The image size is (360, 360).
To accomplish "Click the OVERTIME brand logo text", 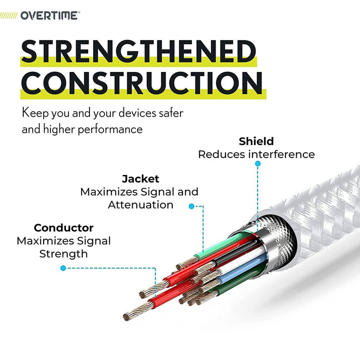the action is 50,16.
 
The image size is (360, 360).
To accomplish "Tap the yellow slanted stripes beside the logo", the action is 9,16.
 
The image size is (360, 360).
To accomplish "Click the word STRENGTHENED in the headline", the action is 139,51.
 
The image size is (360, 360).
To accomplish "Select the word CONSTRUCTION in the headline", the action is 142,83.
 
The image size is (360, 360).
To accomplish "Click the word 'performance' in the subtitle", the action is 110,130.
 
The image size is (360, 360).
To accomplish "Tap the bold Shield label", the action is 256,141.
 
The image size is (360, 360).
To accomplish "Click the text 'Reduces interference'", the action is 256,154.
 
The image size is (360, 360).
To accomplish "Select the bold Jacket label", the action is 140,179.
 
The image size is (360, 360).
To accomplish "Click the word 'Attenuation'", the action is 140,205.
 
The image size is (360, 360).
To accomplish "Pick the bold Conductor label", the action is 63,228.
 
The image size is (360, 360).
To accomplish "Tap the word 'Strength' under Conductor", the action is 63,254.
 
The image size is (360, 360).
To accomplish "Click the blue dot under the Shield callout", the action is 258,163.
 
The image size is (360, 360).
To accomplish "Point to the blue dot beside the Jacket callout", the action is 192,206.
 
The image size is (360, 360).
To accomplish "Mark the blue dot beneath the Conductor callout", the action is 63,268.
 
